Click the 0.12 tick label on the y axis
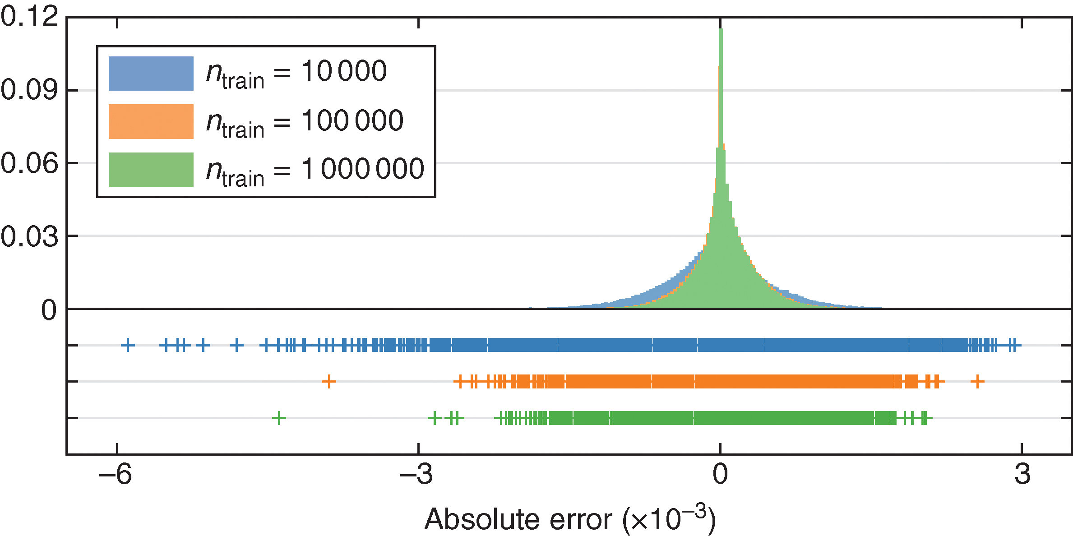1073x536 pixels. (30, 17)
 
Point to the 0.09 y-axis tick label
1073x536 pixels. (30, 90)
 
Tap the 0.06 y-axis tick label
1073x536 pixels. (30, 163)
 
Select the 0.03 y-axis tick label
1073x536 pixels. (30, 236)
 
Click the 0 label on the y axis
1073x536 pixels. (49, 310)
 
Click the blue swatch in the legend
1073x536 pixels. (151, 74)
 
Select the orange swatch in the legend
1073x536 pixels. (151, 122)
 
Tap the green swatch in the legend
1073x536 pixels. (151, 170)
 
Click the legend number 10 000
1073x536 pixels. (344, 71)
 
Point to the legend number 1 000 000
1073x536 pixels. (363, 169)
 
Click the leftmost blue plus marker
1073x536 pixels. (128, 345)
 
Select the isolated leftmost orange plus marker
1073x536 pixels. (329, 382)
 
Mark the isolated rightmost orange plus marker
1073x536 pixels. (977, 382)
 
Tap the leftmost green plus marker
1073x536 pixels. (279, 418)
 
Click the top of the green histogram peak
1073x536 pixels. (721, 30)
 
